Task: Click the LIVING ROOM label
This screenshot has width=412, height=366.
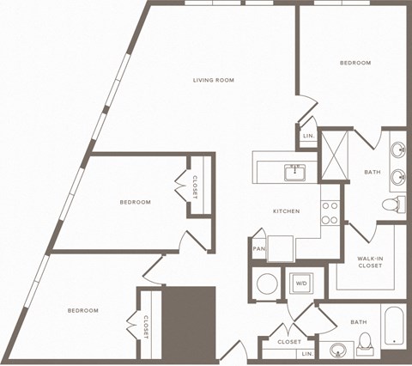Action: pyautogui.click(x=214, y=81)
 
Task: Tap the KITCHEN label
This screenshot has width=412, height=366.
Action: pyautogui.click(x=286, y=210)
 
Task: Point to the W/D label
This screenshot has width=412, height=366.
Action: pyautogui.click(x=301, y=282)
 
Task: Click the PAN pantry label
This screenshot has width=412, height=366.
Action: pyautogui.click(x=258, y=249)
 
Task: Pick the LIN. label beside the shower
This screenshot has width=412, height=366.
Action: pyautogui.click(x=308, y=137)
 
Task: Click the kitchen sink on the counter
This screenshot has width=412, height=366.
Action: pyautogui.click(x=296, y=173)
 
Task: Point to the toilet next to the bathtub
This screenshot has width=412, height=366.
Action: pyautogui.click(x=364, y=342)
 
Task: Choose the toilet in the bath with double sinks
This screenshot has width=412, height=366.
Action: pyautogui.click(x=392, y=204)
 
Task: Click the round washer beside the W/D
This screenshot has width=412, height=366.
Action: pyautogui.click(x=267, y=282)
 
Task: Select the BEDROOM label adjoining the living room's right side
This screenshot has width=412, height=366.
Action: pyautogui.click(x=354, y=63)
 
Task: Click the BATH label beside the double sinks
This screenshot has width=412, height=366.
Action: pyautogui.click(x=372, y=172)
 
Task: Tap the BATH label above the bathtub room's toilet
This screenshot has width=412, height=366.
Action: pyautogui.click(x=358, y=322)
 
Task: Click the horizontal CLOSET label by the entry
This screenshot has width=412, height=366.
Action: pyautogui.click(x=289, y=342)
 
